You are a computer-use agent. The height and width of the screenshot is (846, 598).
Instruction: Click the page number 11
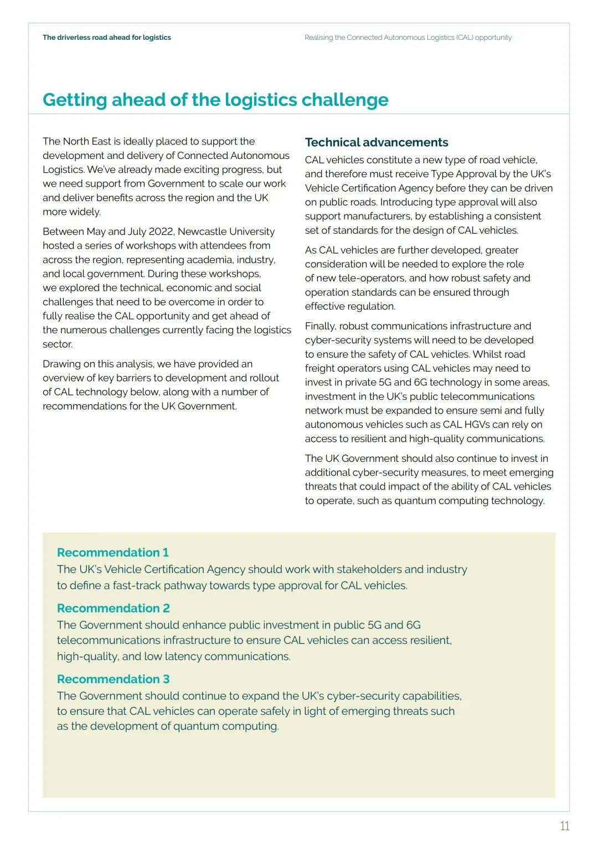coord(564,826)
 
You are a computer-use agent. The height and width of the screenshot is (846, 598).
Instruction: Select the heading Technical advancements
coord(377,142)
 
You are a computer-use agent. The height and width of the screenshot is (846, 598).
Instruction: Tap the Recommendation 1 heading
coord(112,553)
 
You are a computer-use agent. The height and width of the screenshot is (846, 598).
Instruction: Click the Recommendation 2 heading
coord(113,608)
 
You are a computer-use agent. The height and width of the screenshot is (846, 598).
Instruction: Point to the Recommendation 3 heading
coord(113,679)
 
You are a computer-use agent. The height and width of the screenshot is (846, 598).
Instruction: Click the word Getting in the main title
coord(75,100)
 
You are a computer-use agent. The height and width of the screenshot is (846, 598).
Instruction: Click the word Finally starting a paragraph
coord(320,326)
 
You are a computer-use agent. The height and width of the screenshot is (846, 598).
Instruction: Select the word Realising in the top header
coord(318,38)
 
